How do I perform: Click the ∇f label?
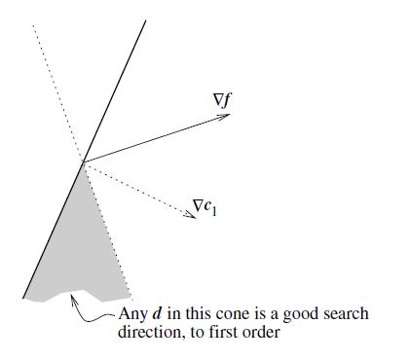point(221,99)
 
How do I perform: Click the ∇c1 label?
point(204,206)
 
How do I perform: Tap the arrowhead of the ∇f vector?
point(227,116)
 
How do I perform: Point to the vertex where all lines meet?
point(83,162)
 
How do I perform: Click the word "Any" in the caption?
point(131,314)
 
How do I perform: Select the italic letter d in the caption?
point(156,314)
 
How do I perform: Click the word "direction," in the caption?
point(150,333)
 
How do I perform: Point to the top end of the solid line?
point(146,20)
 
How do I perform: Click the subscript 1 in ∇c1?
point(214,209)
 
